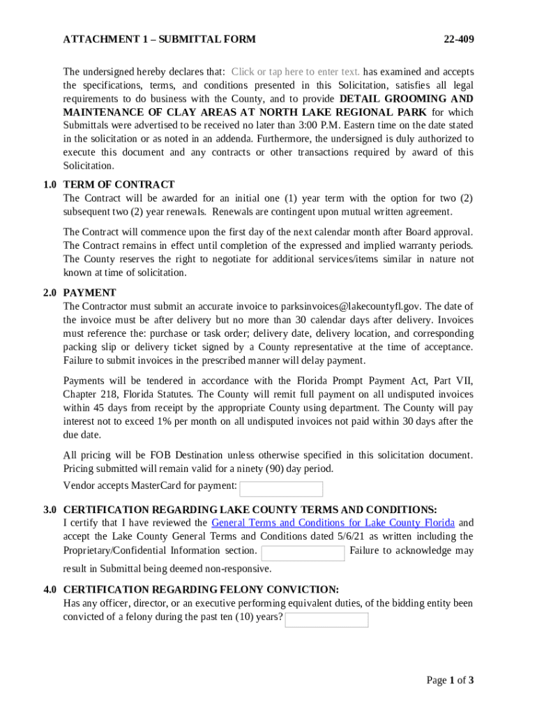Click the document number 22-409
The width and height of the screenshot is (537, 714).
point(459,40)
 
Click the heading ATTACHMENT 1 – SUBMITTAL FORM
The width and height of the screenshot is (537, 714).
point(159,40)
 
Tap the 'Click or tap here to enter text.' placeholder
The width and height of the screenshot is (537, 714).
point(296,72)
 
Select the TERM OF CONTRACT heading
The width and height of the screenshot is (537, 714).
point(119,185)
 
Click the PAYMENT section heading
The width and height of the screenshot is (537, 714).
point(89,293)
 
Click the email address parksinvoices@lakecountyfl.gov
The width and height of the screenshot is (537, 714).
point(351,307)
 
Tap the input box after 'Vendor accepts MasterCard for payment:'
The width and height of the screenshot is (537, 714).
point(281,489)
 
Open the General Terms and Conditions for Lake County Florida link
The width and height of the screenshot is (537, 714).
point(333,523)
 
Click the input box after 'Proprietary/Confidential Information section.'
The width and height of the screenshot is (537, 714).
point(303,553)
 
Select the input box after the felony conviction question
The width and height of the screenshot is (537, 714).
point(326,620)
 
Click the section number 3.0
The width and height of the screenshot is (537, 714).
point(50,510)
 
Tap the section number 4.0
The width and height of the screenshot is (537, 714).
point(50,590)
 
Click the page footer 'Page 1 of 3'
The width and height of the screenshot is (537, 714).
point(450,681)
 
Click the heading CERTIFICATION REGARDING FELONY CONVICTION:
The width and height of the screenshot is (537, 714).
point(201,590)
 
